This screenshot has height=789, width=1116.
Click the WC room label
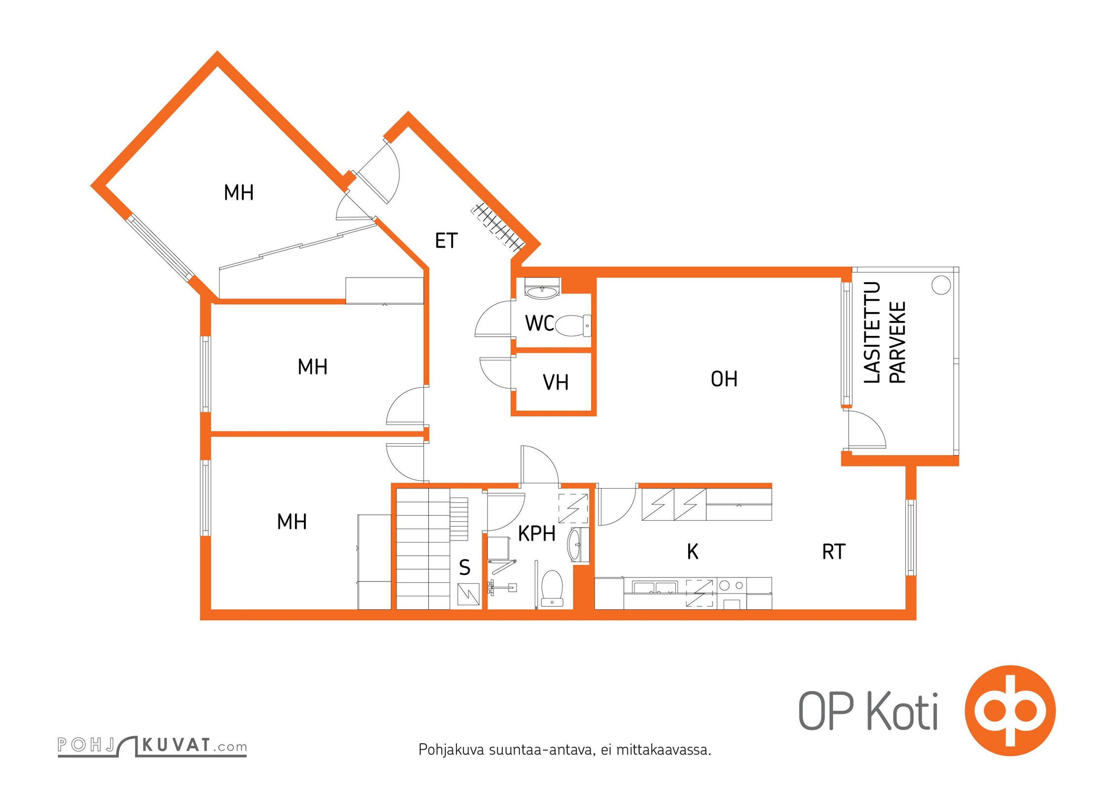point(539,323)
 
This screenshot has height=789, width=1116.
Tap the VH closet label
point(556,383)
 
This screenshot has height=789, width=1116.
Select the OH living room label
point(724,379)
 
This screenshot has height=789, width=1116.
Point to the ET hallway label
point(446,241)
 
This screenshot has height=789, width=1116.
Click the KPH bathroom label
point(537,534)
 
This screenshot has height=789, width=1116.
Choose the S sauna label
point(465,568)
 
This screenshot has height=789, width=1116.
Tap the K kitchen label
point(693,552)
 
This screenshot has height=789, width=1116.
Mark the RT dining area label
point(834,552)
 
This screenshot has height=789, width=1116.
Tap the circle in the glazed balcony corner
point(941,286)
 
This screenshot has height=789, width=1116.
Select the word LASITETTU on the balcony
point(872,332)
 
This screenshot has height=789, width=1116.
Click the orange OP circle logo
point(1010,711)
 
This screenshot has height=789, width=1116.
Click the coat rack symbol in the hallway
point(497,228)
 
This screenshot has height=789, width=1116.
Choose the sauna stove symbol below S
point(468,594)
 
